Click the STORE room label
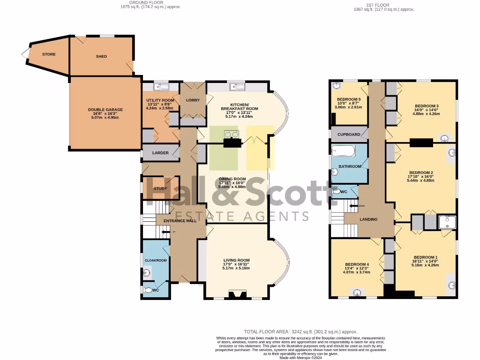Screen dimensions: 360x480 49,54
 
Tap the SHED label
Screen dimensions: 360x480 101,56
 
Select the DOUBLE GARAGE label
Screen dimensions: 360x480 105,110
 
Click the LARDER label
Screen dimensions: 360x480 160,153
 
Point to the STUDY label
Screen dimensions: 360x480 160,188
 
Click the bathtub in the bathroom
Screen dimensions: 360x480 343,151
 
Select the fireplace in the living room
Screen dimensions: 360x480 237,295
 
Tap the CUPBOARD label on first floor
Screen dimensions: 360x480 349,135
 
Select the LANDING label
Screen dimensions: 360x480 368,219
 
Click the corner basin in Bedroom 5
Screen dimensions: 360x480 336,86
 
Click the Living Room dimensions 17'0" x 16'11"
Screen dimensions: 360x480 236,264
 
